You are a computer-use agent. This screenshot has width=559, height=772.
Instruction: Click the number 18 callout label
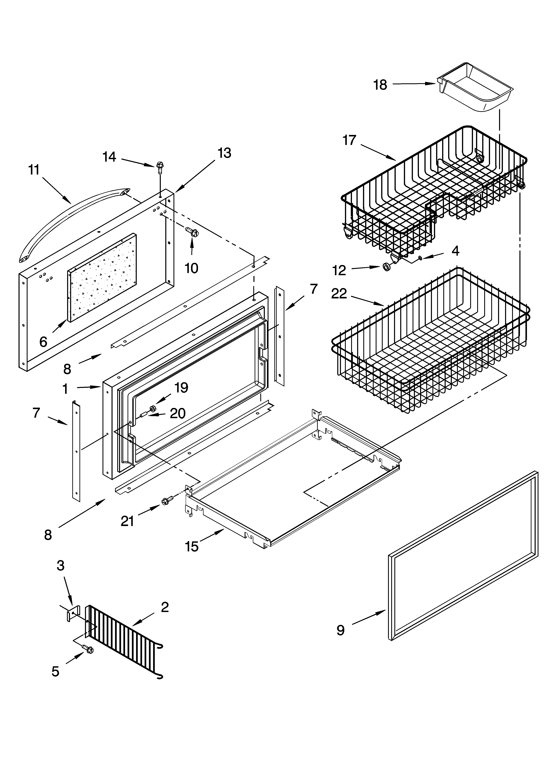coord(380,85)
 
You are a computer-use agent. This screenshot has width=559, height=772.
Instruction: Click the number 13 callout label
coord(224,153)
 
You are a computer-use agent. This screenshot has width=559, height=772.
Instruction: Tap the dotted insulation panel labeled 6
coord(102,277)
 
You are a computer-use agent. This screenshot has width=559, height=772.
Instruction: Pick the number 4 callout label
coord(455,251)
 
